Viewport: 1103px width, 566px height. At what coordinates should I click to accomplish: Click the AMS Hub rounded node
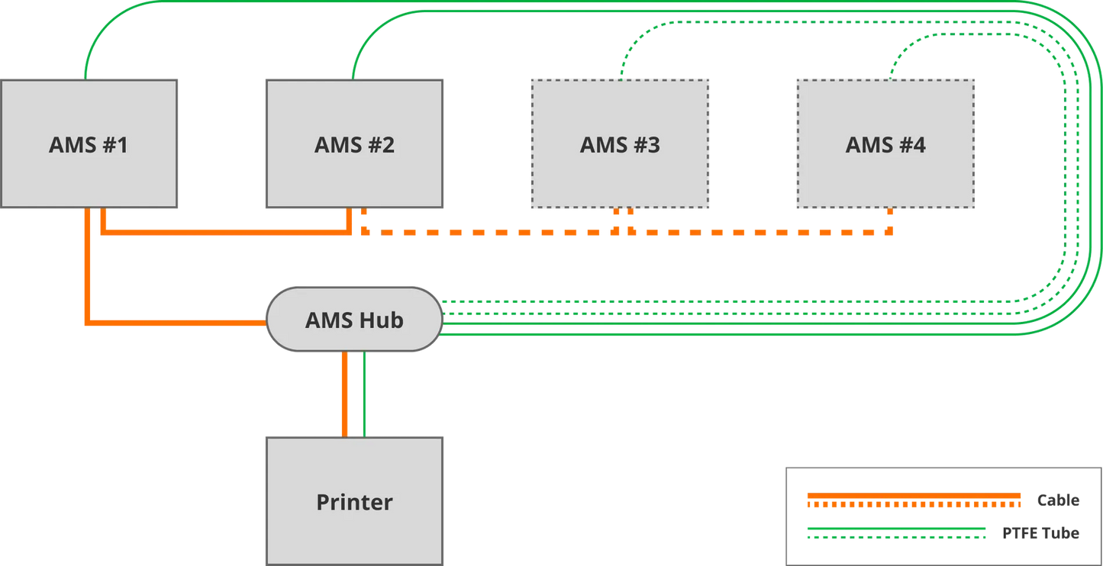pyautogui.click(x=353, y=319)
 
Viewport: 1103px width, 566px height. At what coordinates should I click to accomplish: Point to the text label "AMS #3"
pyautogui.click(x=620, y=145)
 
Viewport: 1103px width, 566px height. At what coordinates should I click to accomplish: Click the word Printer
pyautogui.click(x=354, y=503)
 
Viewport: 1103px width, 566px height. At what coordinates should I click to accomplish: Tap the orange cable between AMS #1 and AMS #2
pyautogui.click(x=229, y=233)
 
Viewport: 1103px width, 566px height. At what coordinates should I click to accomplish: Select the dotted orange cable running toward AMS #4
pyautogui.click(x=763, y=231)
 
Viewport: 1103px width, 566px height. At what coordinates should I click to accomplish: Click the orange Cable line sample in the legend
pyautogui.click(x=913, y=500)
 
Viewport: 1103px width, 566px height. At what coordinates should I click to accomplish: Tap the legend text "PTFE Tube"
pyautogui.click(x=1040, y=532)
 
